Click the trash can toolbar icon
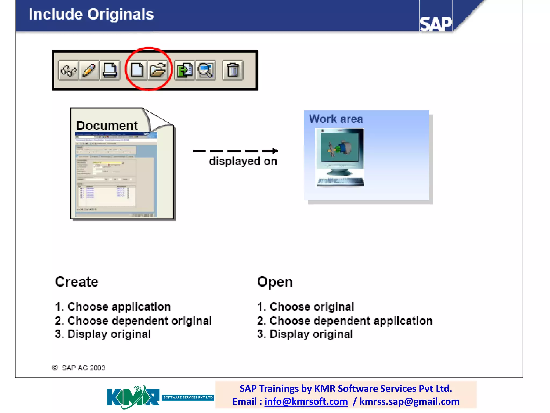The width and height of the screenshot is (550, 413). (x=233, y=70)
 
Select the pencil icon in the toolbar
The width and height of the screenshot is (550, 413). (x=89, y=70)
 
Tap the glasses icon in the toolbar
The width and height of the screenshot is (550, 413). (x=68, y=70)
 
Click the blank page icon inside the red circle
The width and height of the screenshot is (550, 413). (x=137, y=70)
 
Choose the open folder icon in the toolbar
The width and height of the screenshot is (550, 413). (x=158, y=70)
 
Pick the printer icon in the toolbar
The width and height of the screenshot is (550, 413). (x=110, y=70)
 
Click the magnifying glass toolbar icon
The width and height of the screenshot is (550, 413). (x=205, y=70)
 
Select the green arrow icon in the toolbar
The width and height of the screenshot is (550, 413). (x=185, y=70)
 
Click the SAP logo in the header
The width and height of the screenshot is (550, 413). (x=436, y=24)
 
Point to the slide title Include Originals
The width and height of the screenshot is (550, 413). (x=91, y=15)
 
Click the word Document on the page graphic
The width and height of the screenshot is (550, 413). (x=107, y=126)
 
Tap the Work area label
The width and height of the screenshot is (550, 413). (x=336, y=119)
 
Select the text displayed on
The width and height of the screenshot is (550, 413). (x=243, y=161)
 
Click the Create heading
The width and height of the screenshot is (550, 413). (x=77, y=282)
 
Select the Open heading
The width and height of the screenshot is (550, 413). (x=275, y=282)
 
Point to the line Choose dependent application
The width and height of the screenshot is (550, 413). (x=345, y=321)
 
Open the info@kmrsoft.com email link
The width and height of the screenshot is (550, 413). (x=306, y=401)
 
